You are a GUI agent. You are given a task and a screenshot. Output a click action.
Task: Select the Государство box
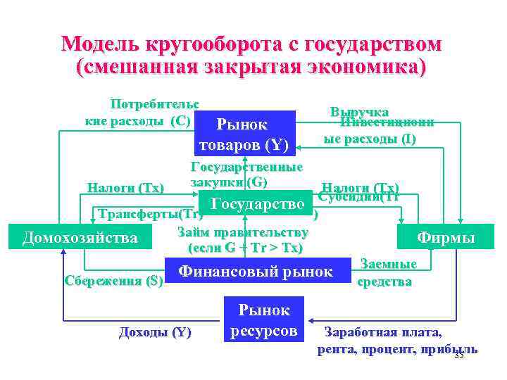point(258,205)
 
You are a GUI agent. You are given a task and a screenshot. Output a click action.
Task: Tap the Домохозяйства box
point(80,238)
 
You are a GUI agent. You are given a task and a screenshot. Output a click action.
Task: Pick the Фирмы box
point(446,237)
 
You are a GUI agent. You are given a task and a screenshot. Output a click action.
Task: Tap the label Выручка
point(359,112)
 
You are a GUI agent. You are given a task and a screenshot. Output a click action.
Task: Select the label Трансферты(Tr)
point(146,214)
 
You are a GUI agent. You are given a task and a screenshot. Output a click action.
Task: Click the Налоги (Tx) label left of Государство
point(125,188)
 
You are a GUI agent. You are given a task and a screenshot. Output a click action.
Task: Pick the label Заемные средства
point(388,273)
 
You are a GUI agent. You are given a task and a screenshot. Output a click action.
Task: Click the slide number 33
point(459,355)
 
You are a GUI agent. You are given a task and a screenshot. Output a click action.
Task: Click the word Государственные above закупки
point(246,167)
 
